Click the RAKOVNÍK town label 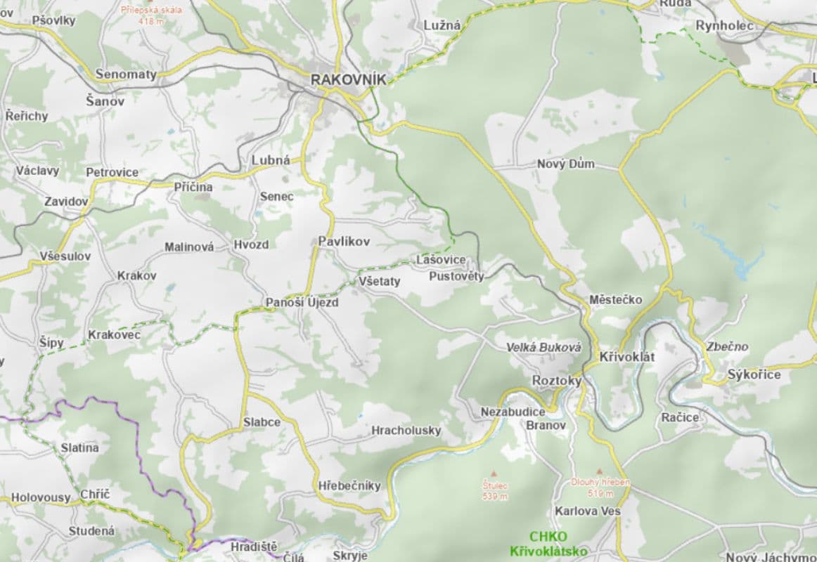pyautogui.click(x=349, y=79)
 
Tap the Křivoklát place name pyautogui.click(x=626, y=357)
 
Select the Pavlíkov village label pyautogui.click(x=344, y=241)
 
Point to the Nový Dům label pyautogui.click(x=565, y=164)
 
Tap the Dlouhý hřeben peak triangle pyautogui.click(x=600, y=472)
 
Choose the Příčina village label pyautogui.click(x=193, y=187)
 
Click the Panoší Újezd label pyautogui.click(x=302, y=303)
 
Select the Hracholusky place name pyautogui.click(x=406, y=430)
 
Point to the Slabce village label pyautogui.click(x=262, y=422)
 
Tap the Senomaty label pyautogui.click(x=126, y=74)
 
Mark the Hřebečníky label pyautogui.click(x=349, y=485)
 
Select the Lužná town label pyautogui.click(x=442, y=25)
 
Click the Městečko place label pyautogui.click(x=615, y=300)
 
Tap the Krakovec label pyautogui.click(x=114, y=334)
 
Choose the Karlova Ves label pyautogui.click(x=587, y=511)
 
